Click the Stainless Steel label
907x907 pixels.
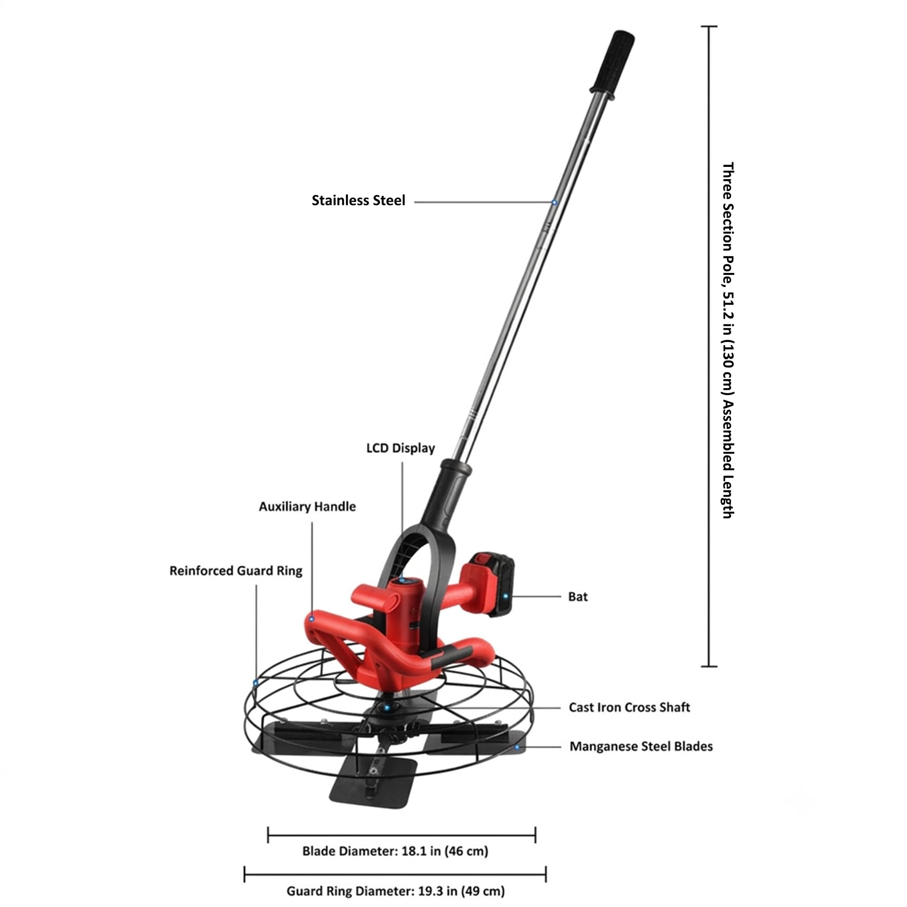358,200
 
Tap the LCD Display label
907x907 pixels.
400,448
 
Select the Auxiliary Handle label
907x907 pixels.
307,507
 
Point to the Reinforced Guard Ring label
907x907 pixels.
236,571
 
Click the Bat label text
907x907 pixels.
578,597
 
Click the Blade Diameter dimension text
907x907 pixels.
395,851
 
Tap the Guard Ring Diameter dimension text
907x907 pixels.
396,891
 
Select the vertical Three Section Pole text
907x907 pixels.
728,341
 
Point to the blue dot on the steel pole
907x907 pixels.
554,202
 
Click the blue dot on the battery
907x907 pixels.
506,597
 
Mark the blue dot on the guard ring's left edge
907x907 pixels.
256,683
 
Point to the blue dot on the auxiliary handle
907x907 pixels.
311,619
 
